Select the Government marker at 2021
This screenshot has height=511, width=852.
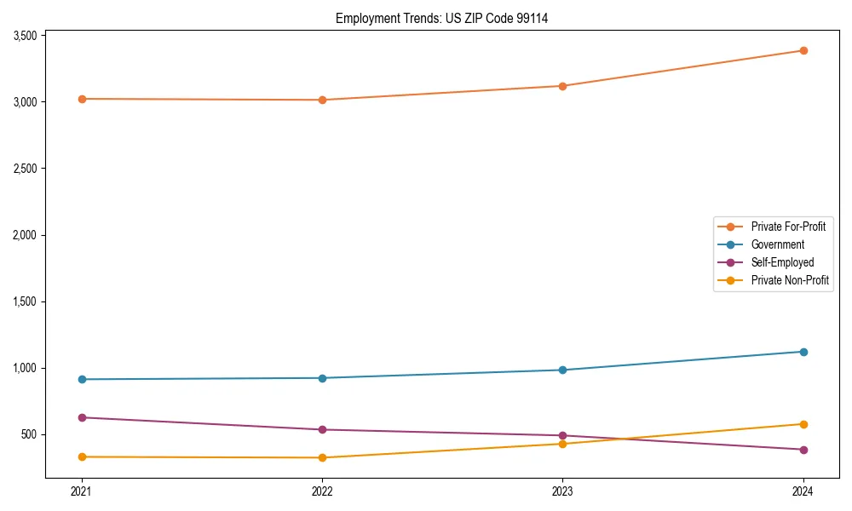[x=82, y=379]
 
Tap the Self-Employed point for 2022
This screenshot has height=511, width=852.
[x=322, y=429]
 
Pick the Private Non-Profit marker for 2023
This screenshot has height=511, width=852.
[x=562, y=444]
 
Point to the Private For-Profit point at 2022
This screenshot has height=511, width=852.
[x=322, y=100]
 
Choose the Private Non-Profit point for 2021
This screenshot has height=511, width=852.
[x=82, y=457]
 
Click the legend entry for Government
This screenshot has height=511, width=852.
[x=777, y=244]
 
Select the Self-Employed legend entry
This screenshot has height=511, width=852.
[x=782, y=262]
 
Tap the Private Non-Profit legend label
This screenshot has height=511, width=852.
[x=790, y=280]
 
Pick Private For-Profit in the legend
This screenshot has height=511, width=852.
[x=788, y=227]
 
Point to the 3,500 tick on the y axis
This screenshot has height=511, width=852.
[x=25, y=36]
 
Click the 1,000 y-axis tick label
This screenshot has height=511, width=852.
[x=25, y=368]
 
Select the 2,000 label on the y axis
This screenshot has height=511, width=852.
[x=25, y=235]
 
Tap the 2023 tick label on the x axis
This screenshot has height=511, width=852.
[x=562, y=491]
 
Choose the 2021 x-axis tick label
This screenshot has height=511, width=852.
[x=82, y=491]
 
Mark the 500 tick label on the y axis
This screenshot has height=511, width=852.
[x=29, y=434]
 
